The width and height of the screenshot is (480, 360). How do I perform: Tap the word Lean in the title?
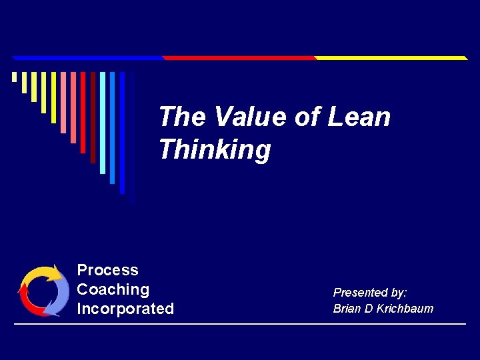[x=359, y=117]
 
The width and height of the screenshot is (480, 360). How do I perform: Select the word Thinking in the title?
[x=215, y=150]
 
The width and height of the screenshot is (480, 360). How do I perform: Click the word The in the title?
[x=182, y=117]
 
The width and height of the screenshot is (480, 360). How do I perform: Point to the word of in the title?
[x=307, y=117]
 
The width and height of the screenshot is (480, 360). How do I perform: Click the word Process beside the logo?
[x=107, y=270]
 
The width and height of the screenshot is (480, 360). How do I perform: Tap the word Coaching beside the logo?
[x=113, y=289]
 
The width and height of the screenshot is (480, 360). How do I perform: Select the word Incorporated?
[x=125, y=309]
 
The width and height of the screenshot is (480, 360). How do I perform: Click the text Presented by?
[x=370, y=293]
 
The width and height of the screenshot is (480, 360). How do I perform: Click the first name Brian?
[x=346, y=309]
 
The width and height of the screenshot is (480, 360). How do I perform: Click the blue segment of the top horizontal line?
[x=87, y=58]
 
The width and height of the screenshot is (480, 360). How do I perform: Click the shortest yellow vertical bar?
[x=14, y=77]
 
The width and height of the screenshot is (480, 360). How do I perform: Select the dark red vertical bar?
[x=93, y=117]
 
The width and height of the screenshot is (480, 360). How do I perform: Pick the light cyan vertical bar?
[x=103, y=123]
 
